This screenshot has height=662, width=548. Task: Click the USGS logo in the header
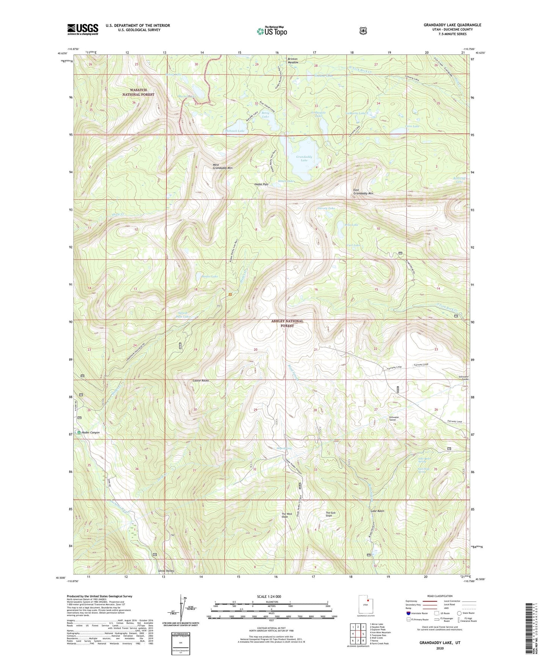(x=83, y=29)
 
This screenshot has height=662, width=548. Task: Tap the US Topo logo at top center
(x=271, y=31)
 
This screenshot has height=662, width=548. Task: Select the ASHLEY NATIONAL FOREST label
(x=287, y=323)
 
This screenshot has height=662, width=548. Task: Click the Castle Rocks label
(x=201, y=380)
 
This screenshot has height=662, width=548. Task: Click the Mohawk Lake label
(x=235, y=131)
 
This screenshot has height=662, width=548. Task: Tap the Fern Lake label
(x=412, y=126)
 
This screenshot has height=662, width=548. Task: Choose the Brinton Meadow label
(x=292, y=61)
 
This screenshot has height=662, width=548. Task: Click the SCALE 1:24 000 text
(x=269, y=596)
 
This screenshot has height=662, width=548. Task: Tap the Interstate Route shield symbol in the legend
(x=408, y=613)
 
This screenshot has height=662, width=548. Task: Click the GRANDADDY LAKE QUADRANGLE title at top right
(x=452, y=25)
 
